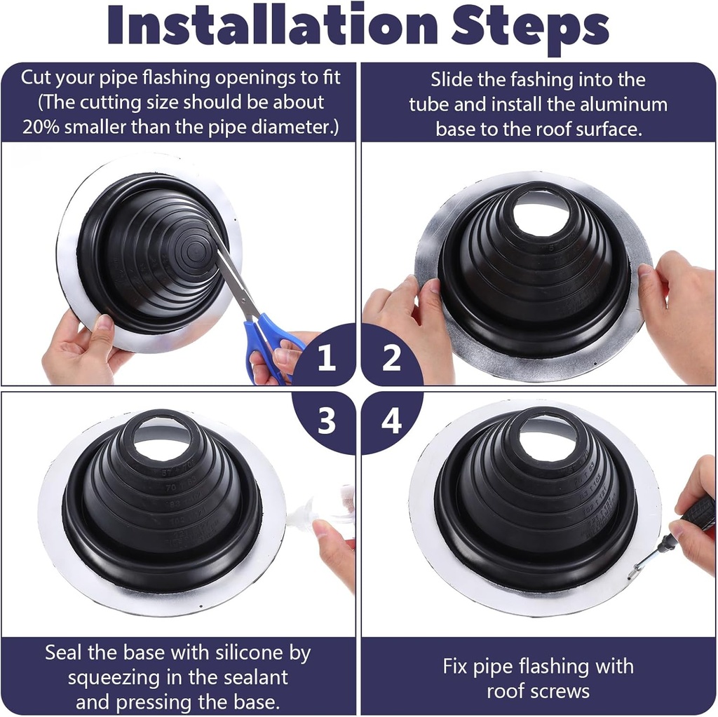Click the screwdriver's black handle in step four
pos(698,514)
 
